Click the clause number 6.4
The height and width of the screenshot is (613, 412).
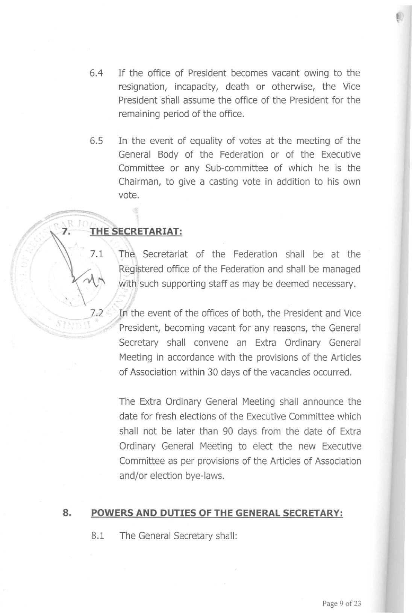pyautogui.click(x=97, y=73)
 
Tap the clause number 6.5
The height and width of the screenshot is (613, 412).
pyautogui.click(x=97, y=141)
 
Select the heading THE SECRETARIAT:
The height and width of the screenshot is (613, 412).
pyautogui.click(x=136, y=232)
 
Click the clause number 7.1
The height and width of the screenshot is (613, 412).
pyautogui.click(x=97, y=255)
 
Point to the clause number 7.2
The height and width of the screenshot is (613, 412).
pyautogui.click(x=97, y=313)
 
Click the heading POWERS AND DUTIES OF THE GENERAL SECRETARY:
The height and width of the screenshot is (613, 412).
pyautogui.click(x=217, y=513)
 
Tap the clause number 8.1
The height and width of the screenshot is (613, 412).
pyautogui.click(x=97, y=536)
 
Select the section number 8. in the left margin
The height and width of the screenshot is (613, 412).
pyautogui.click(x=67, y=513)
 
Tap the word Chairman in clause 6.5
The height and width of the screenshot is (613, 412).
pyautogui.click(x=139, y=182)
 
